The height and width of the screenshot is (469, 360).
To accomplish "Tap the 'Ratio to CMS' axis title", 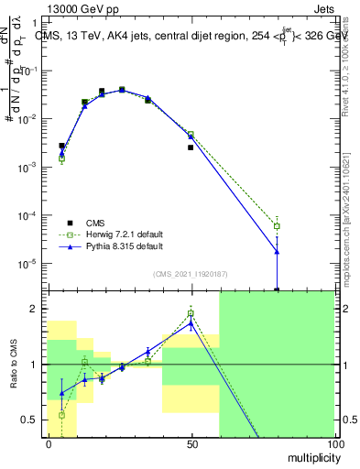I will (x=13, y=365).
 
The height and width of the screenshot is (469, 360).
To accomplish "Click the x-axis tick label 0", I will (x=49, y=446).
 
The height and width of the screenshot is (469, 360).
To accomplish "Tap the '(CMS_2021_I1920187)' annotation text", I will (x=191, y=274).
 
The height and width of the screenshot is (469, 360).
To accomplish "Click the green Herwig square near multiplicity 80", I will (x=277, y=225).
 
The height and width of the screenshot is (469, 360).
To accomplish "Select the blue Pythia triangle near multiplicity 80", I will (x=277, y=251).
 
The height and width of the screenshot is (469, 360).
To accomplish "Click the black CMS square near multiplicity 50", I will (x=191, y=147).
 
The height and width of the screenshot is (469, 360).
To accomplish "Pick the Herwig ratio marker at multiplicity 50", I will (x=191, y=314).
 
